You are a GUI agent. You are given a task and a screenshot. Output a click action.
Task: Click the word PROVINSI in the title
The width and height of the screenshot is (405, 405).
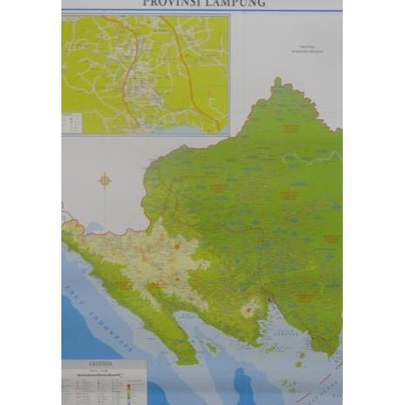(x=172, y=4)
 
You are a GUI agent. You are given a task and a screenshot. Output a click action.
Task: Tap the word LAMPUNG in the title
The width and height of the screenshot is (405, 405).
(x=234, y=4)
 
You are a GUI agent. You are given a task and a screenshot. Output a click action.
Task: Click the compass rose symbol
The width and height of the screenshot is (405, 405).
(x=105, y=181)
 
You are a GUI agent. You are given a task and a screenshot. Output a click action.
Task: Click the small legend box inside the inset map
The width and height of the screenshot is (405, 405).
(x=76, y=122)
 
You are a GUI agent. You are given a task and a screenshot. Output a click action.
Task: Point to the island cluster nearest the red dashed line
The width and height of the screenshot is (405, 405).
(x=302, y=359)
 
